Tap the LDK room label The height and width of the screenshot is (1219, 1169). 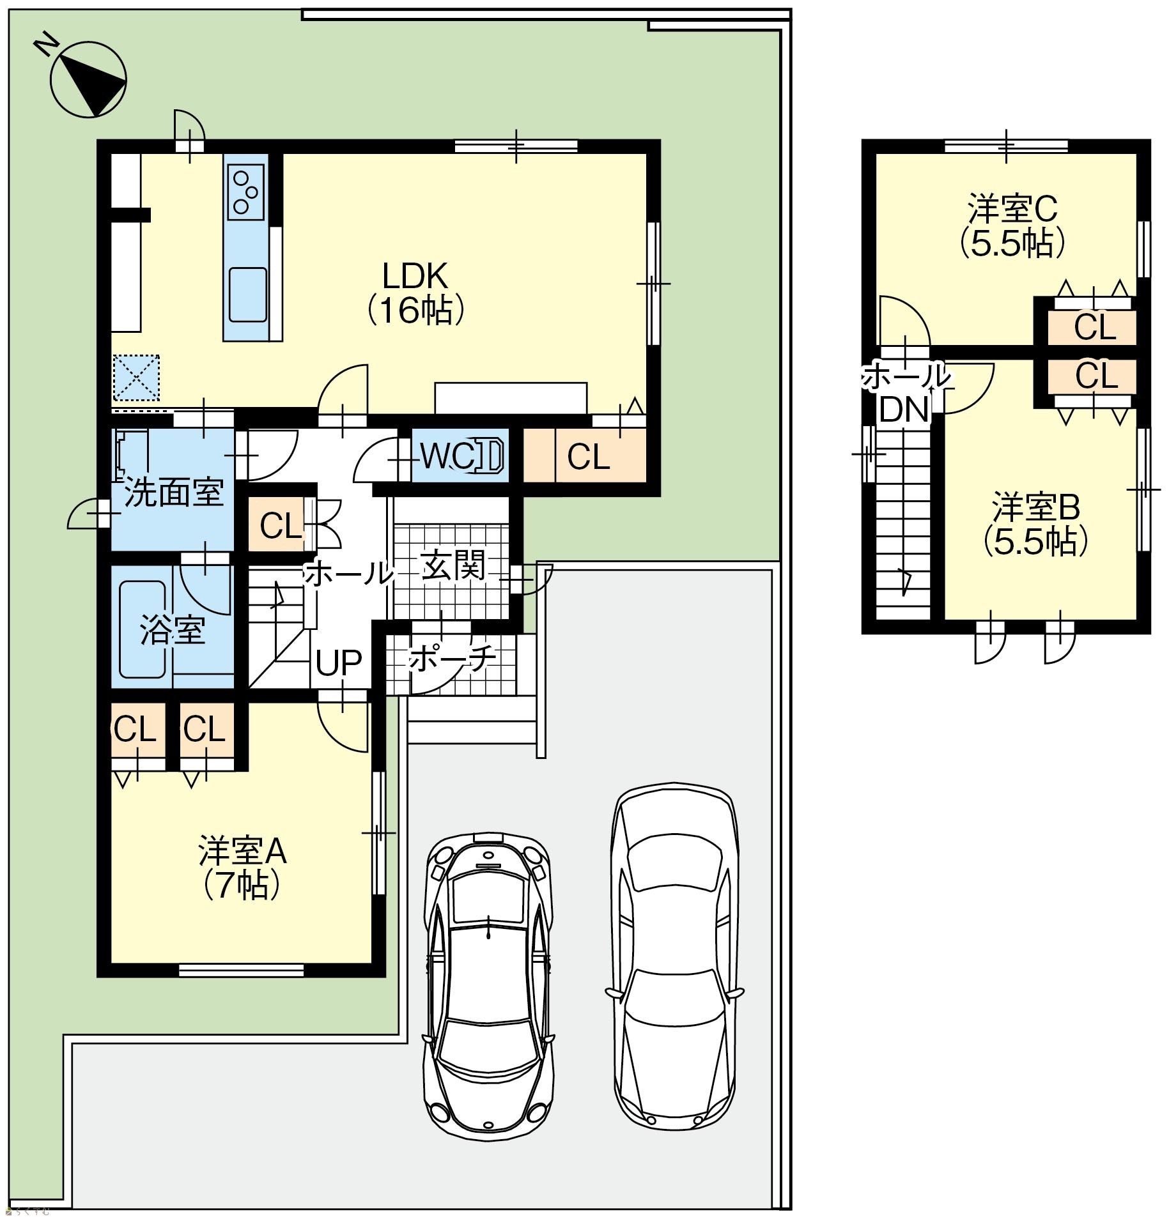415,293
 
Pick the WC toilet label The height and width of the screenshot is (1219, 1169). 447,456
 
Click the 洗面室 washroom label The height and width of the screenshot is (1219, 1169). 174,493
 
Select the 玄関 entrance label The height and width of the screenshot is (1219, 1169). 453,565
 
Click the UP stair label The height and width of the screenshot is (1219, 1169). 339,663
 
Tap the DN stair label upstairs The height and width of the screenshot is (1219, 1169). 904,409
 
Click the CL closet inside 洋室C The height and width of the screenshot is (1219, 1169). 1094,327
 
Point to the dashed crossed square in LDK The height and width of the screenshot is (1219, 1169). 135,378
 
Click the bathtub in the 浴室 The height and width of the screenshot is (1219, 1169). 144,630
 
